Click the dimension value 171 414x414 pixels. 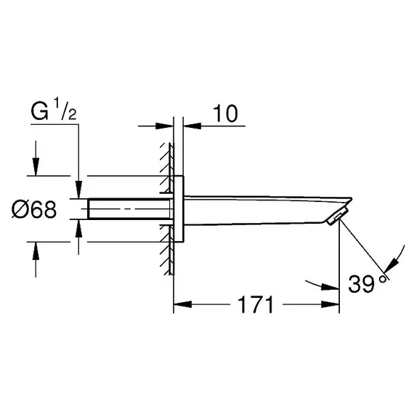256,304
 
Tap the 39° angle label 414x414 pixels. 368,284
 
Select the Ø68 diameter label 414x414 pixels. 34,210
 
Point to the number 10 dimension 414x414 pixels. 225,114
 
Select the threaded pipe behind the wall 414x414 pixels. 129,209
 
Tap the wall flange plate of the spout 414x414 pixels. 179,208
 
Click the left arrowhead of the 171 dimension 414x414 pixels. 182,304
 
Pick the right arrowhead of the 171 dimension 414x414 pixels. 330,304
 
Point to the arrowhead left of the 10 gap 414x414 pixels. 164,126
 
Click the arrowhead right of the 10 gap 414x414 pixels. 192,126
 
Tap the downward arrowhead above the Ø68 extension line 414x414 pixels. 36,166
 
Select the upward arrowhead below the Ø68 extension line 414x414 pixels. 36,251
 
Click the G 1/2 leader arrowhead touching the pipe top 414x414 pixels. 78,190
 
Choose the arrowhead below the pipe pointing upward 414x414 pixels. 78,228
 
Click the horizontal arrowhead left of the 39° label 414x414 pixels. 330,288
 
